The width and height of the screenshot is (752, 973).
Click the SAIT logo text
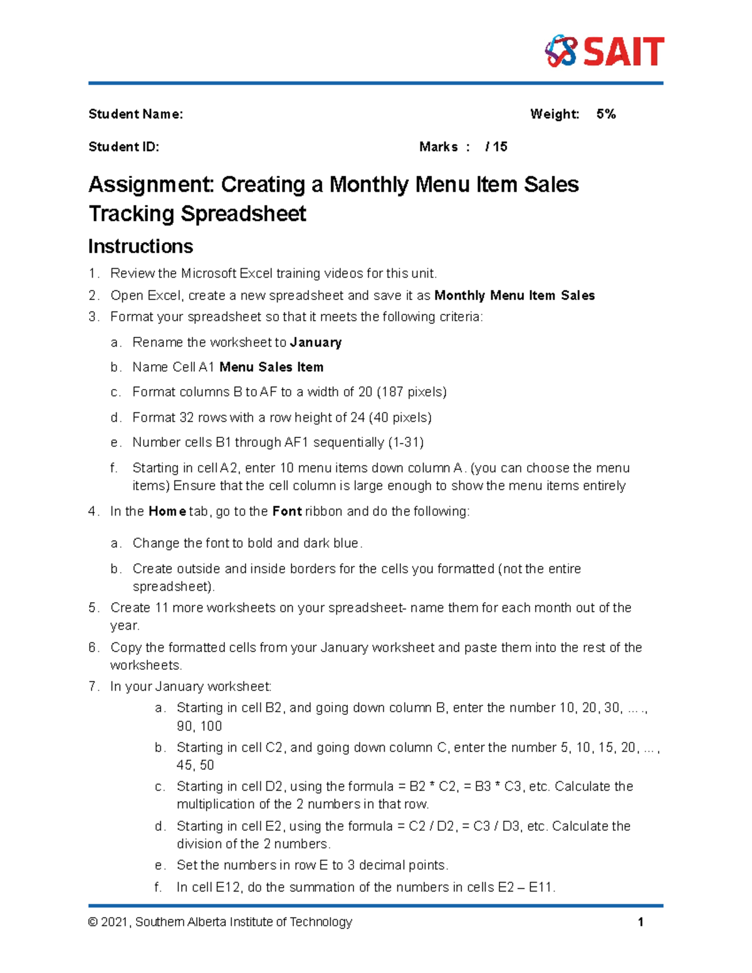click(x=624, y=51)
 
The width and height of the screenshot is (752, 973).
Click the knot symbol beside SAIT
click(x=560, y=51)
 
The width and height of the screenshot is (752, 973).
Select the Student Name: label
click(x=135, y=114)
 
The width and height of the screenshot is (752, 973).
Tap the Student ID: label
click(x=123, y=147)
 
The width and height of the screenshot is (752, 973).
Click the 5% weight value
click(x=606, y=114)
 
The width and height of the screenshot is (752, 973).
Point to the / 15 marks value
click(x=496, y=147)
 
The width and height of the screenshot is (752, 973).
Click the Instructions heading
click(x=140, y=246)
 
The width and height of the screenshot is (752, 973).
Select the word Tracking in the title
click(x=131, y=214)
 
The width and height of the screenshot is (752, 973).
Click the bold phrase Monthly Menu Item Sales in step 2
click(x=514, y=295)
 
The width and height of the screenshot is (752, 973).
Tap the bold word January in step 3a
click(x=316, y=342)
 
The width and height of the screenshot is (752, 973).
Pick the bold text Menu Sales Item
click(x=271, y=367)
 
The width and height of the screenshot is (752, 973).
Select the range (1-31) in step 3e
click(x=405, y=442)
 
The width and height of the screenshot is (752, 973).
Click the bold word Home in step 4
click(x=167, y=511)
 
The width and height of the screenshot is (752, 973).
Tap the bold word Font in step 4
click(x=287, y=511)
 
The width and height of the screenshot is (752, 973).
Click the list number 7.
click(x=93, y=686)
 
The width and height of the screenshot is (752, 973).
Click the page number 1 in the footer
click(x=640, y=922)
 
